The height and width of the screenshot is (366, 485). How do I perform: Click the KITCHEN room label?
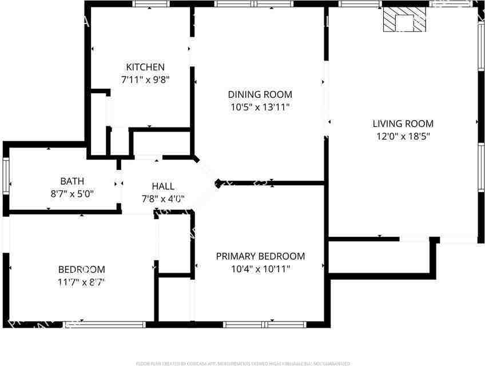tap(145, 67)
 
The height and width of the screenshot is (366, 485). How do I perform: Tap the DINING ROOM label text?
tap(260, 94)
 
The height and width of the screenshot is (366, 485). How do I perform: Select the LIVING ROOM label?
tap(403, 124)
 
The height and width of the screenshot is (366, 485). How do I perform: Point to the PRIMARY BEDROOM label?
tap(260, 256)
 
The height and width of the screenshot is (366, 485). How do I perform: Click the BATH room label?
tap(72, 181)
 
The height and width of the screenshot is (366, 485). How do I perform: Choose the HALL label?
tap(163, 186)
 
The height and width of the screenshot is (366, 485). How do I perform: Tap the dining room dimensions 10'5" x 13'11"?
tap(260, 107)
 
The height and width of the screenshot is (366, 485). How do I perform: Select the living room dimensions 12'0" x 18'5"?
tap(403, 136)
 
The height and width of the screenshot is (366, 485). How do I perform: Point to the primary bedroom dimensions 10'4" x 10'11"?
tap(260, 269)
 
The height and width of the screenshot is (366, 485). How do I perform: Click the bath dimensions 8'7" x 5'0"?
tap(72, 194)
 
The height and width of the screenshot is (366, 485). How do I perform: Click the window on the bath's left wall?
tap(6, 177)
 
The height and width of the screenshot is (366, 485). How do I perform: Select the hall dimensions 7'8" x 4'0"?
tap(163, 199)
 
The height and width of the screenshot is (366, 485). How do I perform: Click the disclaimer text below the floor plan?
tap(242, 363)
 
